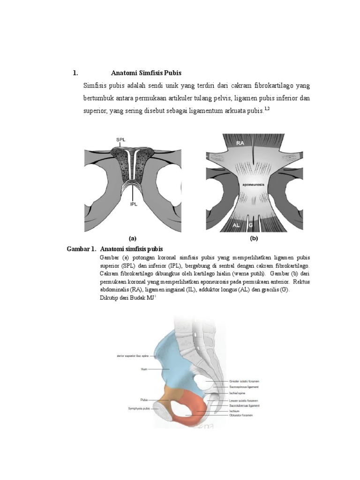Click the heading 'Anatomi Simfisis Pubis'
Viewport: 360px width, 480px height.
pyautogui.click(x=146, y=73)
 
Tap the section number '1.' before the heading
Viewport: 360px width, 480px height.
pyautogui.click(x=75, y=73)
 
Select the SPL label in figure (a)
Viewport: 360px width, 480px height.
pyautogui.click(x=121, y=140)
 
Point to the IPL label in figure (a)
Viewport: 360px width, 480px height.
pyautogui.click(x=134, y=204)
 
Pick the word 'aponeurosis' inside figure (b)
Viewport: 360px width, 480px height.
pyautogui.click(x=253, y=185)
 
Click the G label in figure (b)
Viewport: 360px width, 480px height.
pyautogui.click(x=251, y=225)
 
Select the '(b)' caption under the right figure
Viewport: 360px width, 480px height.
pyautogui.click(x=254, y=238)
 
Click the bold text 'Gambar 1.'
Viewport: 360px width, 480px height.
pyautogui.click(x=82, y=248)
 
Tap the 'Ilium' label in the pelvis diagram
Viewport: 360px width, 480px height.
pyautogui.click(x=144, y=369)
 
